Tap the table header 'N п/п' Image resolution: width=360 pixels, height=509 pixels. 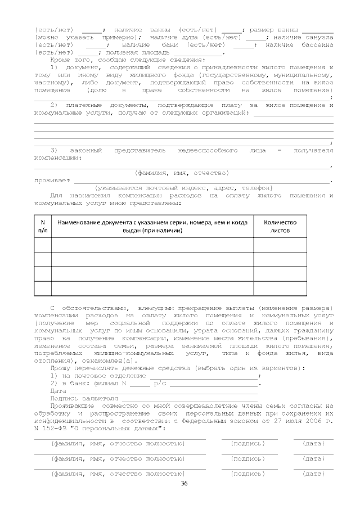click(43, 226)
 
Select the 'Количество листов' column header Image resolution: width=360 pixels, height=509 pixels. click(280, 226)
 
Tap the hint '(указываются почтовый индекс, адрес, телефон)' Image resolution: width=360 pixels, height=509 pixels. click(184, 187)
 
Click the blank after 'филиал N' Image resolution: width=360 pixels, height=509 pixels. click(140, 383)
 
